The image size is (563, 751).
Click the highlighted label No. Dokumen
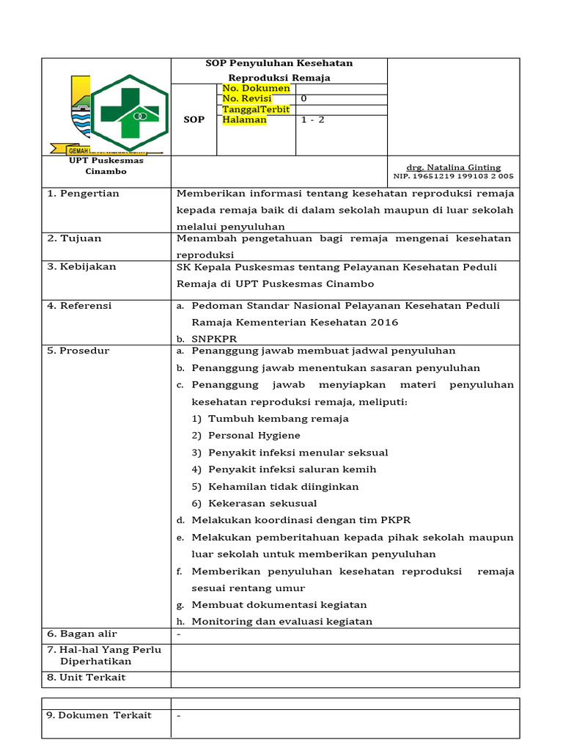pos(256,88)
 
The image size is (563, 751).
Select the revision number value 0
pos(304,98)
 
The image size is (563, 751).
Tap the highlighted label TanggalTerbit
pos(256,109)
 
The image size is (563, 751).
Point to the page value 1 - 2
pos(312,120)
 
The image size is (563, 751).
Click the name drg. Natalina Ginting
pos(454,167)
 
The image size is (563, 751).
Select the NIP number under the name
pos(454,176)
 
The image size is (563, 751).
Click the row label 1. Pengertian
pos(83,194)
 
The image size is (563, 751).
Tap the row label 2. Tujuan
pos(75,238)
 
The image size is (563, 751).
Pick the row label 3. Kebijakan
pos(81,266)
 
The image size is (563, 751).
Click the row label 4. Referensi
pos(79,306)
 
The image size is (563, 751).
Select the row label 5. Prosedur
pos(78,351)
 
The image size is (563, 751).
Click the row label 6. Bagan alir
pos(82,634)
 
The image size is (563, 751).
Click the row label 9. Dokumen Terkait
pos(99,715)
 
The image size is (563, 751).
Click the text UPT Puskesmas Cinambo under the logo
pos(106,166)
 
